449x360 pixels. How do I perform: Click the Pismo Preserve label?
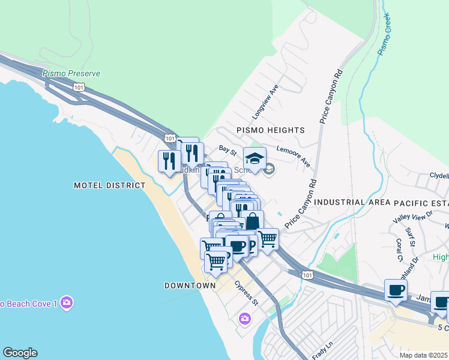pos(71,73)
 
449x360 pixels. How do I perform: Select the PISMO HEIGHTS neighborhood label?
pos(270,130)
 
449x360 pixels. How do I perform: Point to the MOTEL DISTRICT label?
pos(109,185)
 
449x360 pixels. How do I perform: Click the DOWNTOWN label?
pos(190,286)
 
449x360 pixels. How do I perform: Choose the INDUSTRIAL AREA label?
pos(348,203)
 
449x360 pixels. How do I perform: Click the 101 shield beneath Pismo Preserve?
pos(79,87)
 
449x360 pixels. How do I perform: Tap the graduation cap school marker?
pos(255,159)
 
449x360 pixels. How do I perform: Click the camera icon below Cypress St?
pos(244,318)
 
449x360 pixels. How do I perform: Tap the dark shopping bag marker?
pos(253,221)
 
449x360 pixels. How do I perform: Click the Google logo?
pos(20,353)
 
